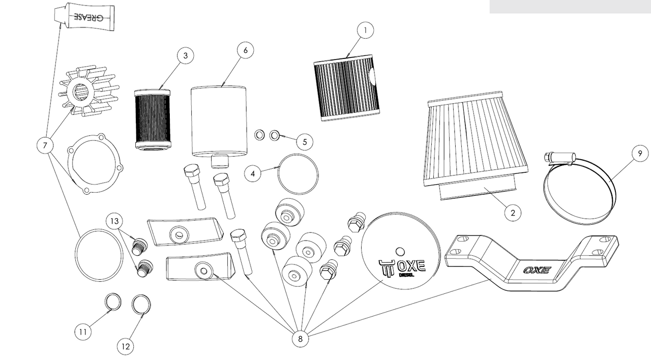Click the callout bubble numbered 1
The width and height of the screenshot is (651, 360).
point(365,31)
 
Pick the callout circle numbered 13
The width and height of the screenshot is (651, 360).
point(115,221)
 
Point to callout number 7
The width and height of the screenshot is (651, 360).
point(45,145)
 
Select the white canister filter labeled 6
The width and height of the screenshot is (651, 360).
point(218,122)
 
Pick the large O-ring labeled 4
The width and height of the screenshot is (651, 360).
point(298,174)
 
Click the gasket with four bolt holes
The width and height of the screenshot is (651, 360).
point(95,163)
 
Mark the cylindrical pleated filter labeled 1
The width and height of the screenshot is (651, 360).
point(347,87)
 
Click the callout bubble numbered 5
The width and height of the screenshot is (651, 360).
point(304,141)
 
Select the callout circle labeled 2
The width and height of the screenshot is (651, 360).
point(513,213)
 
